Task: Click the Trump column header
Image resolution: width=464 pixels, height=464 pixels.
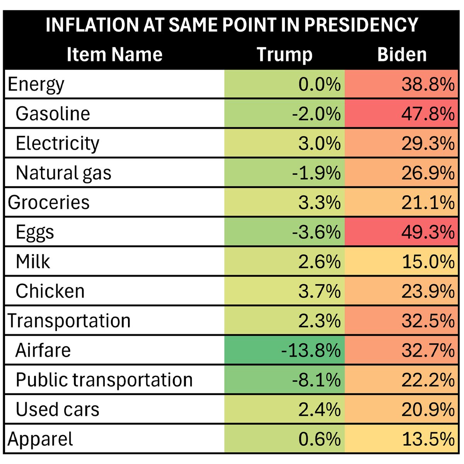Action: coord(285,55)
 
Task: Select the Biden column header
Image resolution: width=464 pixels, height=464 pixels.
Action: coord(402,55)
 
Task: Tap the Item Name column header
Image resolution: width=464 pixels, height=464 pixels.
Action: coord(114,55)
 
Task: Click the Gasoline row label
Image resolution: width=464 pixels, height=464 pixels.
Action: coord(53,114)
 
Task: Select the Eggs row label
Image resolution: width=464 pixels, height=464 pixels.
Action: coord(35,232)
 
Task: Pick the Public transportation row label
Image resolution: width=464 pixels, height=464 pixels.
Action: coord(104,380)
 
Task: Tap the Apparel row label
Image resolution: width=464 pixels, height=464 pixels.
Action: coord(40,439)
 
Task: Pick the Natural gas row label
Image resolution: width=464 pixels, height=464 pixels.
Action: coord(63,173)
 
